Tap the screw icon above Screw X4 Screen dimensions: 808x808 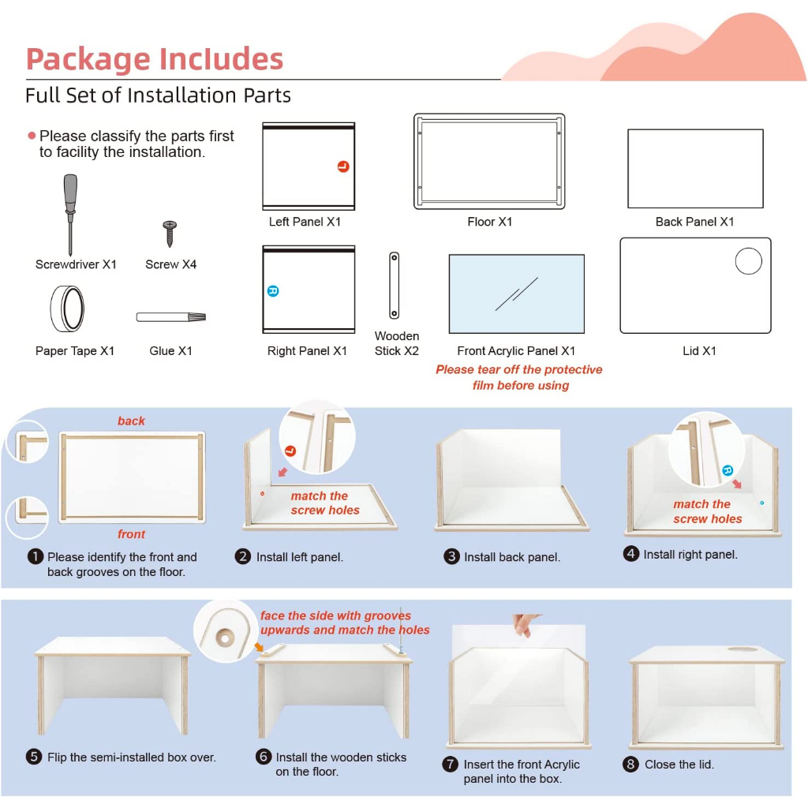click(170, 234)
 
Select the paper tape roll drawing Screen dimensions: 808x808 click(67, 309)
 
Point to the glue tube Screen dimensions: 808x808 click(171, 317)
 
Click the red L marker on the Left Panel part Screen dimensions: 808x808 click(343, 166)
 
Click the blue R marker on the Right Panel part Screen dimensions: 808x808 click(273, 291)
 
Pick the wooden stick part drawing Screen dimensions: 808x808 click(395, 286)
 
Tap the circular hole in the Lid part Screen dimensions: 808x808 click(748, 261)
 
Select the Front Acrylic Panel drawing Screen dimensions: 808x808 click(516, 294)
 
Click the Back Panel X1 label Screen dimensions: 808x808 click(694, 222)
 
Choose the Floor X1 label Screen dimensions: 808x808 click(489, 222)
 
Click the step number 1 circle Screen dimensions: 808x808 click(35, 556)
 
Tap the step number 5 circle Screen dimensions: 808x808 click(34, 757)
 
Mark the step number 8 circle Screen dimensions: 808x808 click(630, 764)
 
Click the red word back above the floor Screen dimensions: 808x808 click(132, 421)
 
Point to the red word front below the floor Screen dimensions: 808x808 click(132, 534)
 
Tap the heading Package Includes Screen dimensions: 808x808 click(155, 59)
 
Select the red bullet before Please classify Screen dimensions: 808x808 click(32, 136)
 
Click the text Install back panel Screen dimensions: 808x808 click(511, 557)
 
